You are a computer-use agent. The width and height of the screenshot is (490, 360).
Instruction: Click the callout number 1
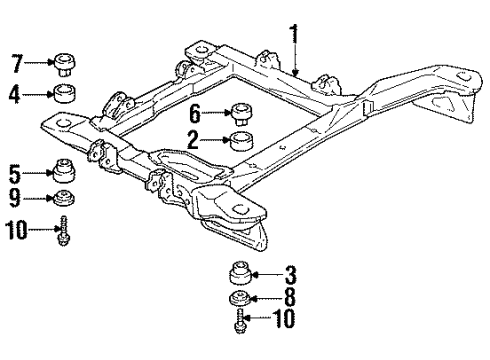coord(294,36)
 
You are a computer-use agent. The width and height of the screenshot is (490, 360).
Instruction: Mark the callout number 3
coord(290,274)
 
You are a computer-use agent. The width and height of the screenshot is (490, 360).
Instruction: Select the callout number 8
coord(290,298)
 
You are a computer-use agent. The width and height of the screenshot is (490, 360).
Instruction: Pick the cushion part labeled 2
coord(240,141)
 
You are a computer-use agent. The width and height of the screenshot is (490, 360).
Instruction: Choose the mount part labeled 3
coord(239,273)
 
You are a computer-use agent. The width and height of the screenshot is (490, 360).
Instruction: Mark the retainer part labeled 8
coord(239,298)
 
